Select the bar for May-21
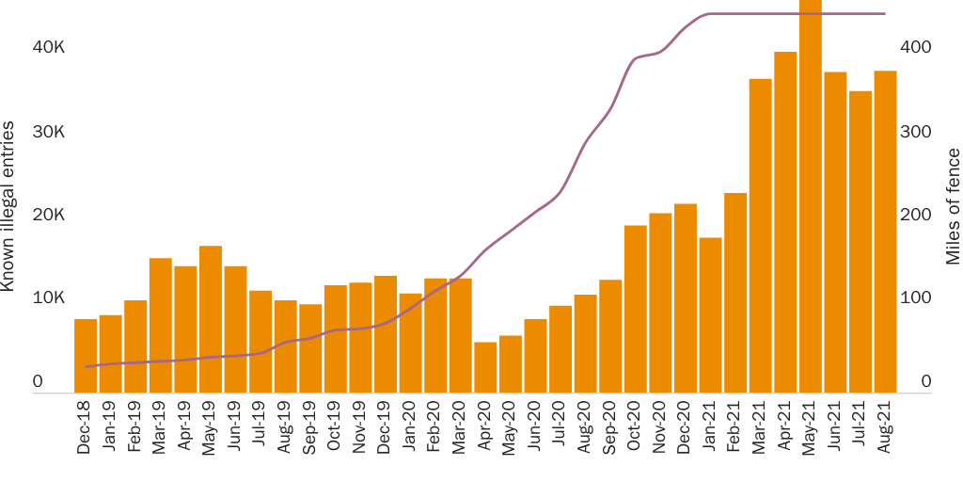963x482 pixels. click(811, 198)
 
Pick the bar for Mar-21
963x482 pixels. click(761, 235)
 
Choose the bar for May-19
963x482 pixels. click(211, 319)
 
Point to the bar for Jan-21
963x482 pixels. click(711, 315)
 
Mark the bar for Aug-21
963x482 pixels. click(885, 232)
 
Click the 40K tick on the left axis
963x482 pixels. click(48, 48)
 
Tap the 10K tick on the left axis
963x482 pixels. click(48, 298)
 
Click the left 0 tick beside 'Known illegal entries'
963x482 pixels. click(38, 382)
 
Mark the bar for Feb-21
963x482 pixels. click(735, 293)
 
